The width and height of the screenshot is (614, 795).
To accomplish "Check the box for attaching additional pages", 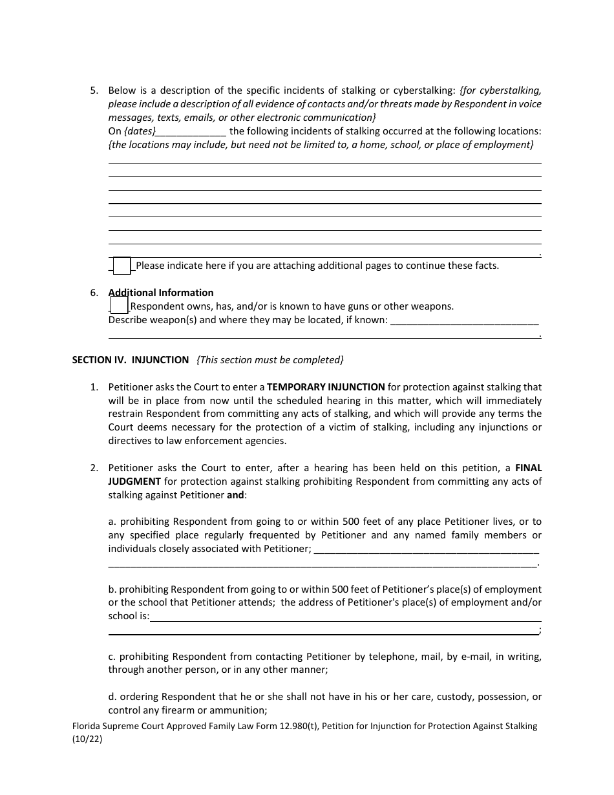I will pyautogui.click(x=122, y=266).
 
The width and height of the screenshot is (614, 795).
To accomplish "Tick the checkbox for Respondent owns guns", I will pyautogui.click(x=119, y=306).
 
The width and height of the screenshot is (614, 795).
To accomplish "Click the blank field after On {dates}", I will pyautogui.click(x=191, y=131).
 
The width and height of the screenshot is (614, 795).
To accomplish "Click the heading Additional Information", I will pyautogui.click(x=161, y=293).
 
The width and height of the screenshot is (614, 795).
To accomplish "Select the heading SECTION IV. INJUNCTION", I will pyautogui.click(x=130, y=360).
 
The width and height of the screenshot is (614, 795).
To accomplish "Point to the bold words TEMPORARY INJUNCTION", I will pyautogui.click(x=326, y=387).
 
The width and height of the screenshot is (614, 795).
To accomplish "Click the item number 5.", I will pyautogui.click(x=94, y=90).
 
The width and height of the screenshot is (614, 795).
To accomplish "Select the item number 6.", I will pyautogui.click(x=94, y=293).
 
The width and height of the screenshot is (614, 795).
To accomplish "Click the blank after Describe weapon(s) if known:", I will pyautogui.click(x=465, y=321).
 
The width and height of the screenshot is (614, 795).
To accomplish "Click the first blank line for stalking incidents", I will pyautogui.click(x=324, y=162).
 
